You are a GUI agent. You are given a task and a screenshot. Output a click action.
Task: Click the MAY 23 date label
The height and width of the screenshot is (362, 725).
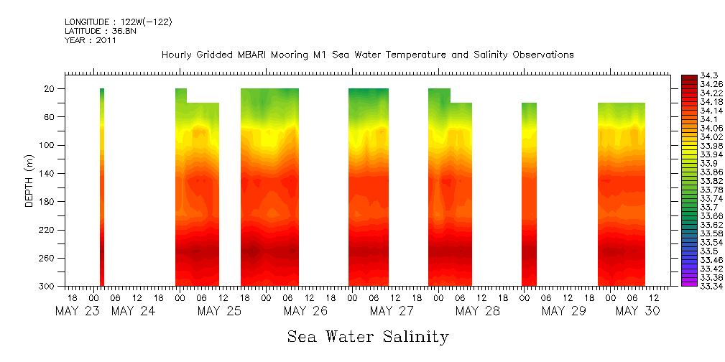[x=78, y=311]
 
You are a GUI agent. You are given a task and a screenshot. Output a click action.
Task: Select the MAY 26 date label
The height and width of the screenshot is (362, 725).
[x=305, y=311]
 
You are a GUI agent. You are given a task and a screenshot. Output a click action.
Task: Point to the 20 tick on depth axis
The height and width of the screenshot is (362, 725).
[x=50, y=88]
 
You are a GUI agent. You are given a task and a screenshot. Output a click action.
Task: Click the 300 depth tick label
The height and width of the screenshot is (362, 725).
[x=47, y=287]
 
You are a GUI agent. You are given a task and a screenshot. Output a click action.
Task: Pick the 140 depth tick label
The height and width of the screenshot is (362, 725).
[x=47, y=173]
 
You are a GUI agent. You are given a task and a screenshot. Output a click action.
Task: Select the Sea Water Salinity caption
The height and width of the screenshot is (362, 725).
[x=368, y=336]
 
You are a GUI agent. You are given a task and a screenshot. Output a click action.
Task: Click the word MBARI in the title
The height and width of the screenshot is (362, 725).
[x=256, y=55]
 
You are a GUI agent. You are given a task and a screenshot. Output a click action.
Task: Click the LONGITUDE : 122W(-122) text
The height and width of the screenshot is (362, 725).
[x=118, y=22]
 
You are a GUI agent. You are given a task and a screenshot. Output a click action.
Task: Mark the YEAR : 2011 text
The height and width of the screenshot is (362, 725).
[x=90, y=40]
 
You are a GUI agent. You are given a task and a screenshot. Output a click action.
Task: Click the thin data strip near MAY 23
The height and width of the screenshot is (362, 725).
[x=102, y=187]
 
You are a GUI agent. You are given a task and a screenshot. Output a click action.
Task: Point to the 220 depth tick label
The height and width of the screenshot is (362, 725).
[x=47, y=230]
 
